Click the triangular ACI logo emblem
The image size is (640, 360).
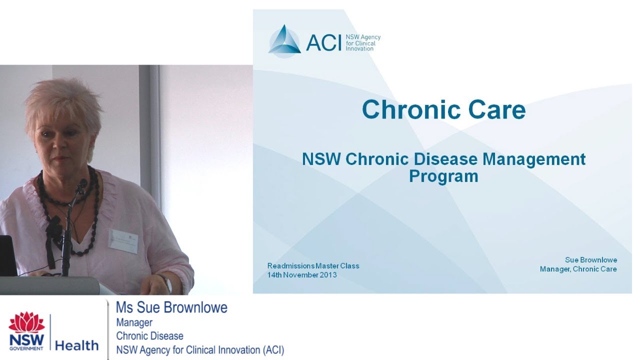tap(284, 40)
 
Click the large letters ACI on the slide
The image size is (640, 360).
tap(323, 42)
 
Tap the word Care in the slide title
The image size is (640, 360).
tap(497, 109)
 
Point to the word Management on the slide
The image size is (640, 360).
tap(534, 159)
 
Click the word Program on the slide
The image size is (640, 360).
tap(443, 176)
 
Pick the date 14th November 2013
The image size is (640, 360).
tap(301, 275)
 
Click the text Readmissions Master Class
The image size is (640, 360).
tap(313, 265)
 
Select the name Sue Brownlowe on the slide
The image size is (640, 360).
tap(591, 260)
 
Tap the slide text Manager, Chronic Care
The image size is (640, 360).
tap(578, 269)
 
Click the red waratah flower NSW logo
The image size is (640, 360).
tap(26, 322)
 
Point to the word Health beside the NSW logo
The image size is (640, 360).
tap(76, 345)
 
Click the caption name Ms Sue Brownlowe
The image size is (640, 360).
tap(171, 307)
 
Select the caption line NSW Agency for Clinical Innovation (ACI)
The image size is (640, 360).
tap(200, 350)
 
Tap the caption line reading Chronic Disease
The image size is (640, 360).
tap(149, 336)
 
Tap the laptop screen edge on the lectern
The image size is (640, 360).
tap(8, 255)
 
